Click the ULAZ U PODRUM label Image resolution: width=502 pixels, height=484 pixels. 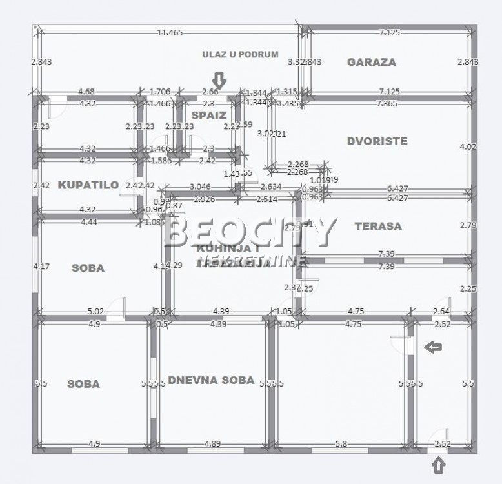tap(240, 55)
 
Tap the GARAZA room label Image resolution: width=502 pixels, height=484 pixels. tap(372, 62)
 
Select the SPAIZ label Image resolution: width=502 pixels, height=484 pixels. tap(208, 116)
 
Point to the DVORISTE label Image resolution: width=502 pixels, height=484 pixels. tap(377, 141)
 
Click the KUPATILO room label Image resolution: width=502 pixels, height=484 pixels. tap(88, 185)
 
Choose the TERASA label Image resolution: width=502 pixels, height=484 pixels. tap(378, 226)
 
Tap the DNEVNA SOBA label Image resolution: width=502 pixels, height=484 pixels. tap(211, 380)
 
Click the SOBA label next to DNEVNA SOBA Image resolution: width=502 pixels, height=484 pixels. tap(84, 384)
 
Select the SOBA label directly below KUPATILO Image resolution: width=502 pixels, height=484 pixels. tap(88, 268)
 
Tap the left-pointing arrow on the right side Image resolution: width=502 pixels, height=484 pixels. tap(433, 348)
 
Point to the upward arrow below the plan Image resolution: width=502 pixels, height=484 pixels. tap(438, 464)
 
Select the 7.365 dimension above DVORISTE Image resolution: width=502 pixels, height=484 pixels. tap(387, 103)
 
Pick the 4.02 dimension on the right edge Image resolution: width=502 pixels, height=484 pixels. tap(468, 146)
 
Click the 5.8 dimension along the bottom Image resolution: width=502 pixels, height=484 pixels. tap(341, 444)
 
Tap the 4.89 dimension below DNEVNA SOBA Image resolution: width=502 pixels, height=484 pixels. tap(214, 444)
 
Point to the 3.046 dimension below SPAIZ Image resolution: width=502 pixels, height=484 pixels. tap(201, 187)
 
